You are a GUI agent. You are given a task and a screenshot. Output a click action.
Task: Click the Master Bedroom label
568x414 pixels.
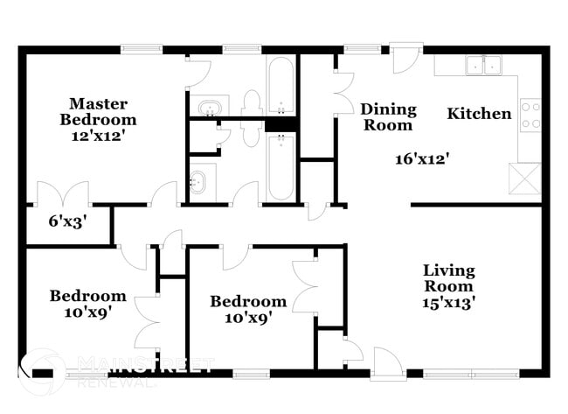click(103, 112)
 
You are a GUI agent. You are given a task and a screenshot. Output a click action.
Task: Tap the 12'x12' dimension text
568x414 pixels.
click(103, 136)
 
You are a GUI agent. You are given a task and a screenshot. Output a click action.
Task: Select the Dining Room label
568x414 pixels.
click(388, 117)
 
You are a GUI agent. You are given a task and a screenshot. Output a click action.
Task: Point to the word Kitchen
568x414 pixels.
click(479, 113)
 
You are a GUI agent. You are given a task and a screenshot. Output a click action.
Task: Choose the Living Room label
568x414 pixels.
click(449, 278)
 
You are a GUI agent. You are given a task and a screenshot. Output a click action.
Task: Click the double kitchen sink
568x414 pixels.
click(483, 64)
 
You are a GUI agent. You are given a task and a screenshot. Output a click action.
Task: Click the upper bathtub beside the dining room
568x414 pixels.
click(281, 88)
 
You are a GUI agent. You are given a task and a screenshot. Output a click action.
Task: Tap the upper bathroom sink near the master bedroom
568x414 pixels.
click(210, 108)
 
